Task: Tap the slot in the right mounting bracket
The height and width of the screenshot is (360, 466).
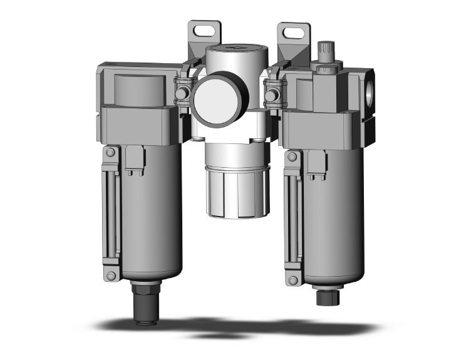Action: tap(293, 31)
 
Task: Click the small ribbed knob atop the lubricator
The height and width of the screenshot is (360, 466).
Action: tap(325, 49)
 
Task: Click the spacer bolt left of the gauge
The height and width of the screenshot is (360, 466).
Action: tap(182, 93)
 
